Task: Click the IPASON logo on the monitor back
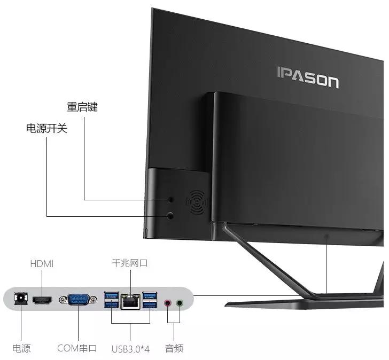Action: tap(307, 78)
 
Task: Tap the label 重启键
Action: tap(82, 107)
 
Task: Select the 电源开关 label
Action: tap(47, 129)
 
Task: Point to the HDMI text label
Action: tap(42, 264)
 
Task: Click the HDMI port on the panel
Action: tap(45, 301)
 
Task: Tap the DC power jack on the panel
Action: tap(21, 300)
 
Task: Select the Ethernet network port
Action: tap(130, 302)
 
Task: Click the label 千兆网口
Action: tap(129, 263)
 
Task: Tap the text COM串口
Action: tap(77, 349)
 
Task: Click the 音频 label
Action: tap(174, 349)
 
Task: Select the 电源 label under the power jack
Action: tap(21, 349)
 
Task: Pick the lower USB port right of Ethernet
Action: tap(150, 305)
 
